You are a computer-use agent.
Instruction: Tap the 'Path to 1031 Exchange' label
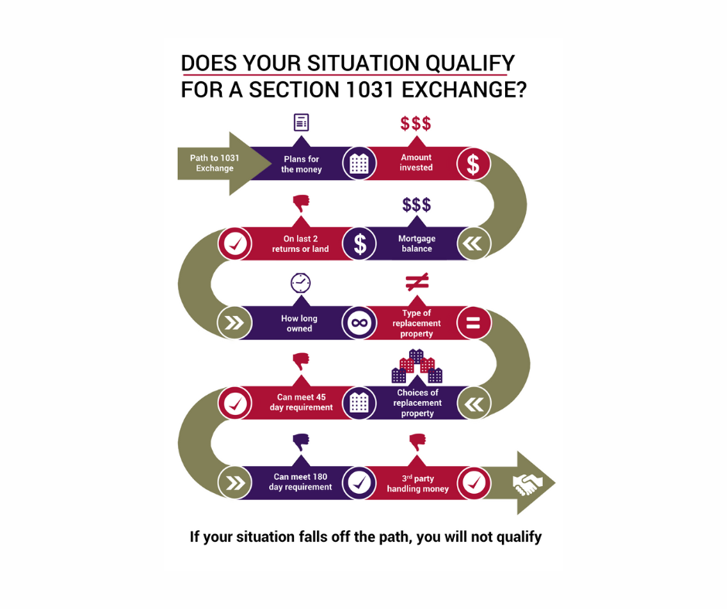pyautogui.click(x=214, y=163)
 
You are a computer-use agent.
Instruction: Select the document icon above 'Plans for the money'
pyautogui.click(x=301, y=122)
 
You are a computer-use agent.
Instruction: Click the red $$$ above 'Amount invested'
pyautogui.click(x=415, y=124)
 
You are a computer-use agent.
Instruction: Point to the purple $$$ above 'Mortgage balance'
pyautogui.click(x=416, y=205)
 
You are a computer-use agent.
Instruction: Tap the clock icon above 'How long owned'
pyautogui.click(x=300, y=283)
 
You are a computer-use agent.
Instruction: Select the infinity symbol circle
pyautogui.click(x=359, y=324)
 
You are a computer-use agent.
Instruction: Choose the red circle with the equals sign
pyautogui.click(x=473, y=324)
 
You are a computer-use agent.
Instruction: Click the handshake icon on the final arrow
pyautogui.click(x=527, y=484)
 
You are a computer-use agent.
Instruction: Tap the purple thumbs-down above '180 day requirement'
pyautogui.click(x=301, y=441)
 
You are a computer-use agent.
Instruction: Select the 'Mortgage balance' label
pyautogui.click(x=416, y=243)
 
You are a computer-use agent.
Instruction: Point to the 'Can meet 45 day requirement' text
pyautogui.click(x=301, y=403)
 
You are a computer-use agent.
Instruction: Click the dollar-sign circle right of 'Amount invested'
pyautogui.click(x=473, y=164)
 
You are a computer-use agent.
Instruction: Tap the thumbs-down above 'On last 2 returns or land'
pyautogui.click(x=301, y=203)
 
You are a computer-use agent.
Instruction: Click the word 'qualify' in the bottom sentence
pyautogui.click(x=512, y=537)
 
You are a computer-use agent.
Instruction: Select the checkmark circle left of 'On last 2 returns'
pyautogui.click(x=234, y=244)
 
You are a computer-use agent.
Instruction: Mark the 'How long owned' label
pyautogui.click(x=299, y=323)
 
